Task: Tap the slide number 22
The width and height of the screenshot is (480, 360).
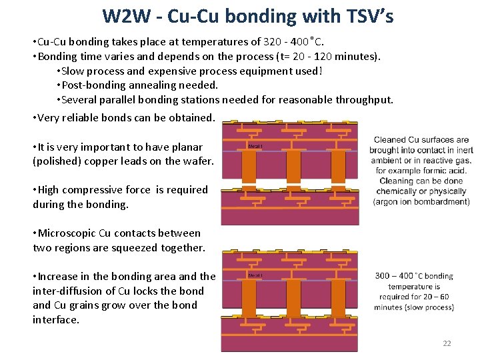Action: coord(447,343)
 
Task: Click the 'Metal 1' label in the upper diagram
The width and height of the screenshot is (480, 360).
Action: coord(255,146)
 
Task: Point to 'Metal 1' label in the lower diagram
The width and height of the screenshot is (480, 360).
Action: coord(255,275)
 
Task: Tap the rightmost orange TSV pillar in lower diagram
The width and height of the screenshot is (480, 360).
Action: coord(339,297)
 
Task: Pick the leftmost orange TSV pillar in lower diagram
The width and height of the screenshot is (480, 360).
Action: coord(249,297)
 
